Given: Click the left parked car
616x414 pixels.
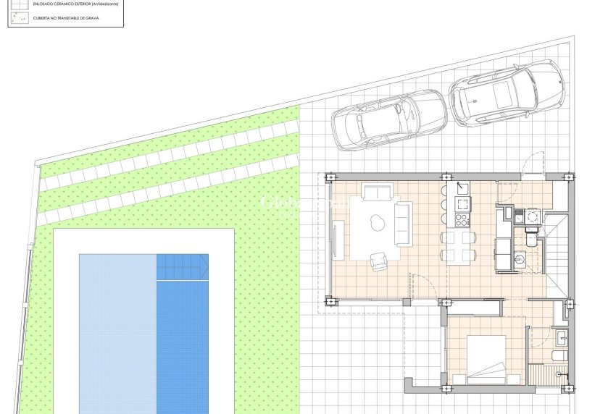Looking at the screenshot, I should click(x=388, y=119).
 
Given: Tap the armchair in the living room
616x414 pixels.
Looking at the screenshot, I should click(x=380, y=261).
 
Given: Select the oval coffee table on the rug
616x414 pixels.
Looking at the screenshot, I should click(x=377, y=224).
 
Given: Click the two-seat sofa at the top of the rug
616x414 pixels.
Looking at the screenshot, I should click(x=378, y=193).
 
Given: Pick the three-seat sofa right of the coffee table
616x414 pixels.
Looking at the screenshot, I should click(x=403, y=224).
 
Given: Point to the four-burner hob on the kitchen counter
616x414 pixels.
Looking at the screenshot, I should click(x=461, y=219).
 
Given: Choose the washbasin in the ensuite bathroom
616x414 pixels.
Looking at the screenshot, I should click(x=562, y=337).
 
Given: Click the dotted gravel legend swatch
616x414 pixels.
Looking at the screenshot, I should click(x=19, y=17).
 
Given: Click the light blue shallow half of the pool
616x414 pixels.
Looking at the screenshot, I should click(x=117, y=333).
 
